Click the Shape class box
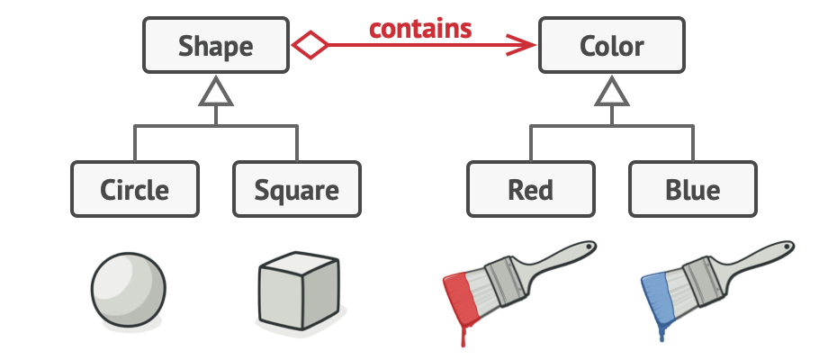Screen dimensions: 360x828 [215, 45]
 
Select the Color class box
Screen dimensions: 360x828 [611, 45]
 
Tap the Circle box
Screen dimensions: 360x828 [134, 190]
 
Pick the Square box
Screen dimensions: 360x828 [296, 190]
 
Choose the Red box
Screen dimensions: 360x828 [530, 190]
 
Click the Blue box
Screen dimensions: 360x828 [692, 190]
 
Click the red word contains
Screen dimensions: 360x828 [420, 29]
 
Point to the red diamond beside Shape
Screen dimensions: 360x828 [308, 45]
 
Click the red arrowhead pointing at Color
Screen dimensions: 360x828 [522, 45]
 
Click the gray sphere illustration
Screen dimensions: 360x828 [129, 290]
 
